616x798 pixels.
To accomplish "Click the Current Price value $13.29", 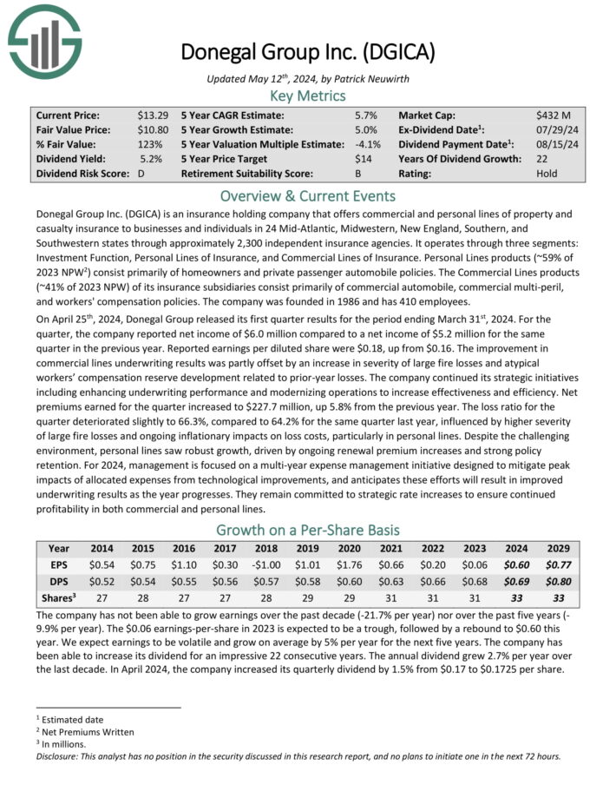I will [152, 115].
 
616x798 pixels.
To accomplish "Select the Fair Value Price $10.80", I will [152, 129].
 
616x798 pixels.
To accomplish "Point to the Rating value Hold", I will [547, 174].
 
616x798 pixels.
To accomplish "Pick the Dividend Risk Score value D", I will [141, 174].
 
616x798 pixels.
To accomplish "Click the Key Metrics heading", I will [308, 96].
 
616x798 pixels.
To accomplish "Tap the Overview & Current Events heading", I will [308, 195].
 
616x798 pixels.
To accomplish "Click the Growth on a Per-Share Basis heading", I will [308, 530].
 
